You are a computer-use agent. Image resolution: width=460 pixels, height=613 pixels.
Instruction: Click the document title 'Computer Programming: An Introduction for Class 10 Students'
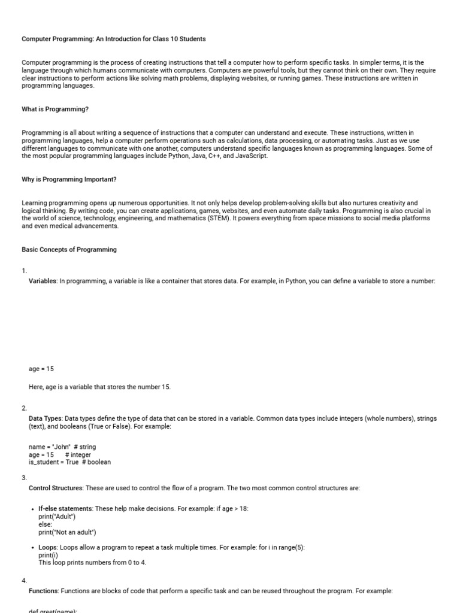[x=114, y=39]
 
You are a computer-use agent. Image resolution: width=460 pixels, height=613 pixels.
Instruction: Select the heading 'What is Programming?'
[x=55, y=110]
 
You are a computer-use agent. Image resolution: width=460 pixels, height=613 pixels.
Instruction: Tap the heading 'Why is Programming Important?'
[x=69, y=180]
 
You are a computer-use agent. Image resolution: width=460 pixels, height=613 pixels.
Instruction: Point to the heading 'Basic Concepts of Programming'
[x=69, y=250]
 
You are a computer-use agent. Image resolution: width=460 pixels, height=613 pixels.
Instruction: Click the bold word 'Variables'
[x=43, y=281]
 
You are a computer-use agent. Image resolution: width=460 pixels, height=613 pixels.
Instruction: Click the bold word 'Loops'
[x=48, y=548]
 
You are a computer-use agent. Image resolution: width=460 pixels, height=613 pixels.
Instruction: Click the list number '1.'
[x=24, y=271]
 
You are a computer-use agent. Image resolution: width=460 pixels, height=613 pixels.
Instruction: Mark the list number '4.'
[x=24, y=581]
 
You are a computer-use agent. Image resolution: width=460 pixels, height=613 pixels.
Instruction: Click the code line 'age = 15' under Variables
[x=41, y=369]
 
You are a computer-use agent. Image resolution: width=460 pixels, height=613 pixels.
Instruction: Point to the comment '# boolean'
[x=96, y=462]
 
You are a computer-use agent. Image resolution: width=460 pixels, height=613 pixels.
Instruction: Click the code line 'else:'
[x=46, y=524]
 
